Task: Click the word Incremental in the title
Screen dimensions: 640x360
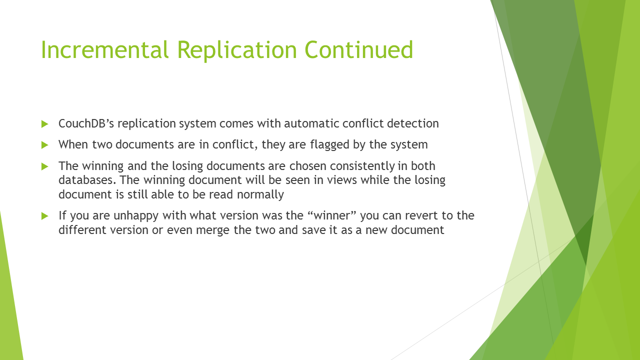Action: (x=104, y=49)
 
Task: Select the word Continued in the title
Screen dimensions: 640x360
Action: (x=359, y=49)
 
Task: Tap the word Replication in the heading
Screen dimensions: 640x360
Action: (x=237, y=50)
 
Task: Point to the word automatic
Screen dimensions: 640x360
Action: (x=311, y=123)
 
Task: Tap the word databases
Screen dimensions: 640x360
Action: (x=87, y=180)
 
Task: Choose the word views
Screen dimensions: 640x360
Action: (x=342, y=180)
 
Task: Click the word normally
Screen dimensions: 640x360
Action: (x=260, y=195)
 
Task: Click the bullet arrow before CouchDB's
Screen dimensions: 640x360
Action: (x=45, y=124)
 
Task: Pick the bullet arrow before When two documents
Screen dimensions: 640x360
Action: (x=45, y=145)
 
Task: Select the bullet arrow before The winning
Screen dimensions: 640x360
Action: (x=45, y=166)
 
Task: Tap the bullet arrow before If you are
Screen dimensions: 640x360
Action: (x=45, y=216)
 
